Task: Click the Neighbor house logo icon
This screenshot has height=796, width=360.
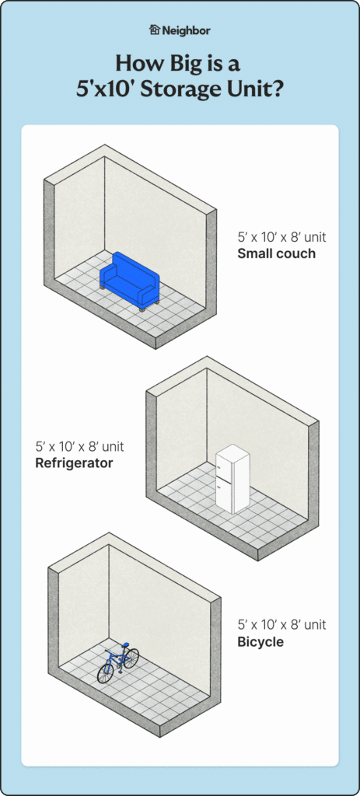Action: [154, 30]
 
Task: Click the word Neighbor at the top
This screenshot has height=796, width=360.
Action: [187, 30]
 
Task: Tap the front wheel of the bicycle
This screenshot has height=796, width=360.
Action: [105, 673]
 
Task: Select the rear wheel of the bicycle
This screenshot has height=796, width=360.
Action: [131, 658]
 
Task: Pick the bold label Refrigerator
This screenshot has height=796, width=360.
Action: [75, 463]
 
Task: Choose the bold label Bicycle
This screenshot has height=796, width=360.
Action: [260, 642]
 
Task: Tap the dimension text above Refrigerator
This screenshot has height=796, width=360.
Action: [80, 447]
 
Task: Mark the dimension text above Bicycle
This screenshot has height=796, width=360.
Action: [281, 625]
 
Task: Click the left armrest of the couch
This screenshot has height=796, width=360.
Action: [107, 278]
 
